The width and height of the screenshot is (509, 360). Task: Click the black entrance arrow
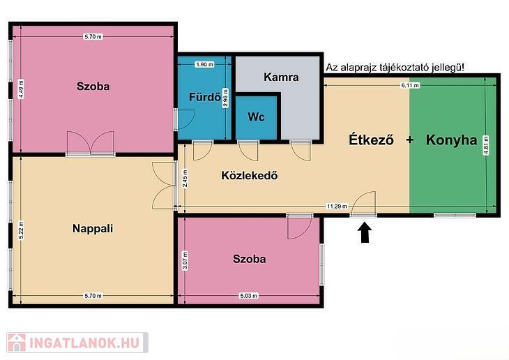pyautogui.click(x=365, y=232)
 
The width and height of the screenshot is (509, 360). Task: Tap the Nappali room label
pyautogui.click(x=93, y=228)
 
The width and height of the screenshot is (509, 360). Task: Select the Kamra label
pyautogui.click(x=281, y=77)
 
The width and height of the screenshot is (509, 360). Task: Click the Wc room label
pyautogui.click(x=256, y=117)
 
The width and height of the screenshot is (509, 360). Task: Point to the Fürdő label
pyautogui.click(x=205, y=96)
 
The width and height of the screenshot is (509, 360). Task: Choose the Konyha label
pyautogui.click(x=452, y=140)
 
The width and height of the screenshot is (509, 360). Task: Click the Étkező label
pyautogui.click(x=372, y=140)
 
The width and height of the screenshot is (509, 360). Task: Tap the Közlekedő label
pyautogui.click(x=250, y=175)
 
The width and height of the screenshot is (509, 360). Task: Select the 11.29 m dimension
pyautogui.click(x=337, y=206)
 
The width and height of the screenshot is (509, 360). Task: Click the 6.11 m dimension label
pyautogui.click(x=410, y=85)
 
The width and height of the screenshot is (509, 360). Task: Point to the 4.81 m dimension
pyautogui.click(x=486, y=145)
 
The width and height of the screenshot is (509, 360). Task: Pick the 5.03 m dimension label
pyautogui.click(x=249, y=296)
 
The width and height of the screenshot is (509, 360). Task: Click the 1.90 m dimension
pyautogui.click(x=204, y=64)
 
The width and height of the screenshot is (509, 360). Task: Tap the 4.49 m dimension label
pyautogui.click(x=21, y=89)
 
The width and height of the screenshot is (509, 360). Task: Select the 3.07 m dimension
pyautogui.click(x=185, y=260)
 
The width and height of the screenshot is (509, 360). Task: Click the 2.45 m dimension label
pyautogui.click(x=185, y=179)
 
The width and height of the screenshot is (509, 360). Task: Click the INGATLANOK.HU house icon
pyautogui.click(x=17, y=343)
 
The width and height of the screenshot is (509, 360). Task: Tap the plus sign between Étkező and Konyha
pyautogui.click(x=410, y=140)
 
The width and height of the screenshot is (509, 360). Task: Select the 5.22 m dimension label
pyautogui.click(x=21, y=230)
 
